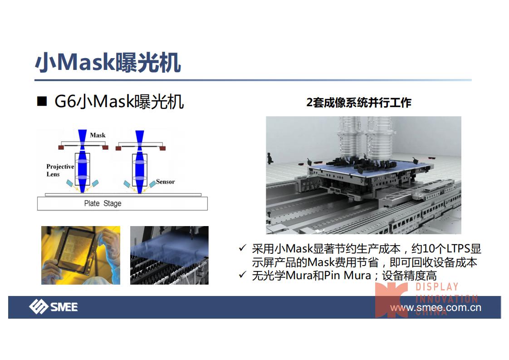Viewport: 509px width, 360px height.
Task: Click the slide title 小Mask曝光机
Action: pyautogui.click(x=108, y=62)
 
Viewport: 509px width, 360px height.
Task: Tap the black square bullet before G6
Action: pyautogui.click(x=42, y=101)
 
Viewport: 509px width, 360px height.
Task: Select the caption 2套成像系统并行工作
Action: pyautogui.click(x=359, y=103)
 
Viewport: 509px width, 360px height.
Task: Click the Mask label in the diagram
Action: pyautogui.click(x=98, y=135)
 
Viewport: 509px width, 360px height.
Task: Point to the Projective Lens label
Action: pyautogui.click(x=60, y=170)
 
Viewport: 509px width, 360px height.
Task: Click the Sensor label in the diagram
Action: pyautogui.click(x=165, y=182)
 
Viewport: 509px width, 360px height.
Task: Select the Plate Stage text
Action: pyautogui.click(x=103, y=203)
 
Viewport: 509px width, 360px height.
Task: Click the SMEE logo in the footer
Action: pyautogui.click(x=54, y=307)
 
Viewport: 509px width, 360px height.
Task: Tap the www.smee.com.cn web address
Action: pyautogui.click(x=436, y=307)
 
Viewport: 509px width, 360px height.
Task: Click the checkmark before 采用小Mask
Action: pyautogui.click(x=242, y=249)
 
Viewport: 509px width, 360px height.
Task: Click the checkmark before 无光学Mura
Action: pyautogui.click(x=242, y=275)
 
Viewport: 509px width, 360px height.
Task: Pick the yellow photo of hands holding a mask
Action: pyautogui.click(x=81, y=256)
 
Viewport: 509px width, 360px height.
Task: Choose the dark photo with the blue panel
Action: pyautogui.click(x=170, y=256)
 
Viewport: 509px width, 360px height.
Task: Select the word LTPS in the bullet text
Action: pyautogui.click(x=458, y=249)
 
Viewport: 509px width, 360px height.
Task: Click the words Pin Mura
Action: pyautogui.click(x=347, y=276)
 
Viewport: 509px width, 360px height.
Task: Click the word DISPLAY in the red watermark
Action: pyautogui.click(x=437, y=287)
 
